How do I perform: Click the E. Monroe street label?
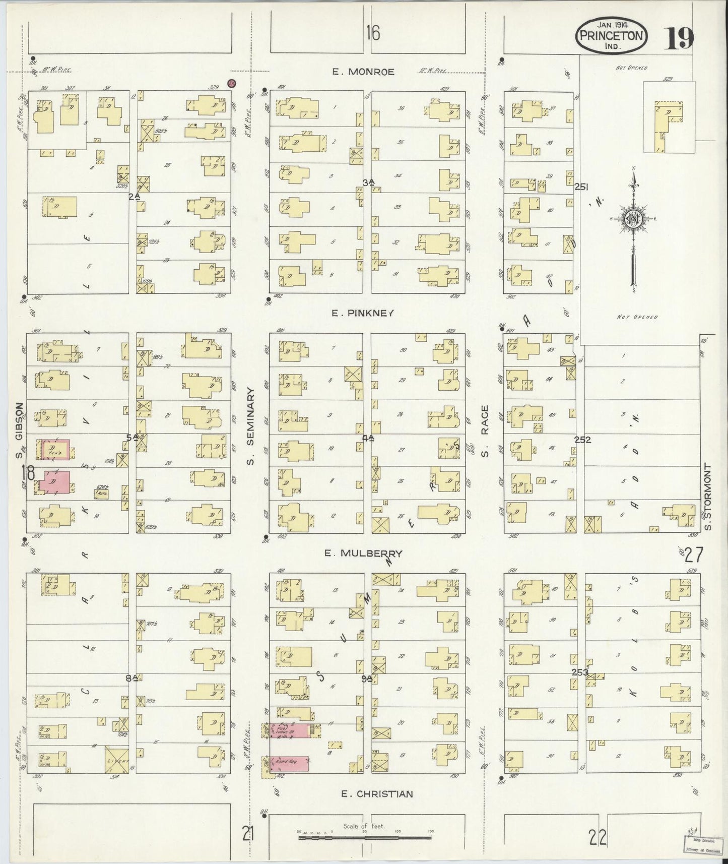coord(363,72)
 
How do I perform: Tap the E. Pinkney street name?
coord(362,313)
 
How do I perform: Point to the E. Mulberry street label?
coord(363,553)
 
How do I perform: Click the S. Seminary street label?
coord(251,429)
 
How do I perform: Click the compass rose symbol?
coord(632,219)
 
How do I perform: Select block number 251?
coord(581,187)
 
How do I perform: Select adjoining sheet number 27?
coord(693,554)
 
